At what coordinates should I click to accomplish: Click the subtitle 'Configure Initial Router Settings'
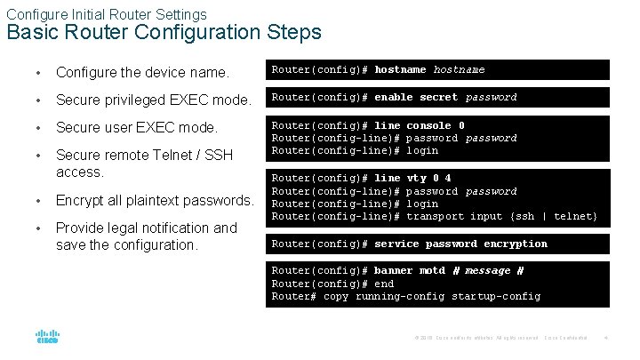pyautogui.click(x=107, y=14)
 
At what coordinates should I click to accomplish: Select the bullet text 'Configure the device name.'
pyautogui.click(x=142, y=71)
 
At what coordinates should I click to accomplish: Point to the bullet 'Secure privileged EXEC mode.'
pyautogui.click(x=152, y=99)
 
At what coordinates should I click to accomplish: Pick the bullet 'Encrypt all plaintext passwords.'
pyautogui.click(x=155, y=200)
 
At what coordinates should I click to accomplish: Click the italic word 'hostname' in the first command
pyautogui.click(x=459, y=69)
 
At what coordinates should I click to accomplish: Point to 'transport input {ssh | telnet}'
pyautogui.click(x=502, y=216)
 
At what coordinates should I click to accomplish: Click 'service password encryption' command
pyautogui.click(x=460, y=244)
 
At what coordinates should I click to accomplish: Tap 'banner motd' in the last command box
pyautogui.click(x=410, y=270)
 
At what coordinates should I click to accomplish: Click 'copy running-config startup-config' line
pyautogui.click(x=432, y=296)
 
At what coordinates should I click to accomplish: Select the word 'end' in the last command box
pyautogui.click(x=384, y=284)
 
